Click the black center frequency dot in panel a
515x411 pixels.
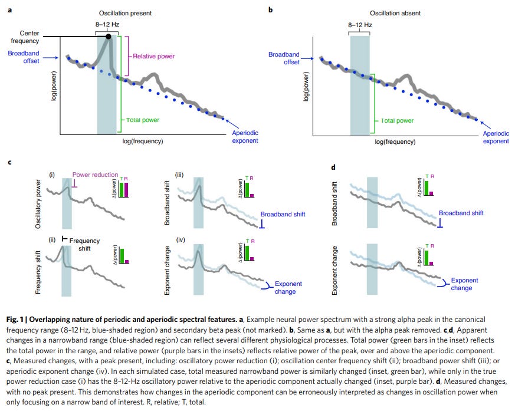[x=109, y=37]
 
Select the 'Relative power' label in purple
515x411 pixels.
[x=153, y=57]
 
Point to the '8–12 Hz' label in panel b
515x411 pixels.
[x=359, y=25]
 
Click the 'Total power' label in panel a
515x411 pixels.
[x=143, y=120]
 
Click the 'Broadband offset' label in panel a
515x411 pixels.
[x=25, y=58]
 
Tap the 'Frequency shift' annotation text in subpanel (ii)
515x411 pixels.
[x=84, y=244]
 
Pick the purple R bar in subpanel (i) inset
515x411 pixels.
[x=125, y=189]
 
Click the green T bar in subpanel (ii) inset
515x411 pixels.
[x=120, y=255]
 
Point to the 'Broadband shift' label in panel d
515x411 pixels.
[x=461, y=213]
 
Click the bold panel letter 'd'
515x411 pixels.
[x=333, y=167]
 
